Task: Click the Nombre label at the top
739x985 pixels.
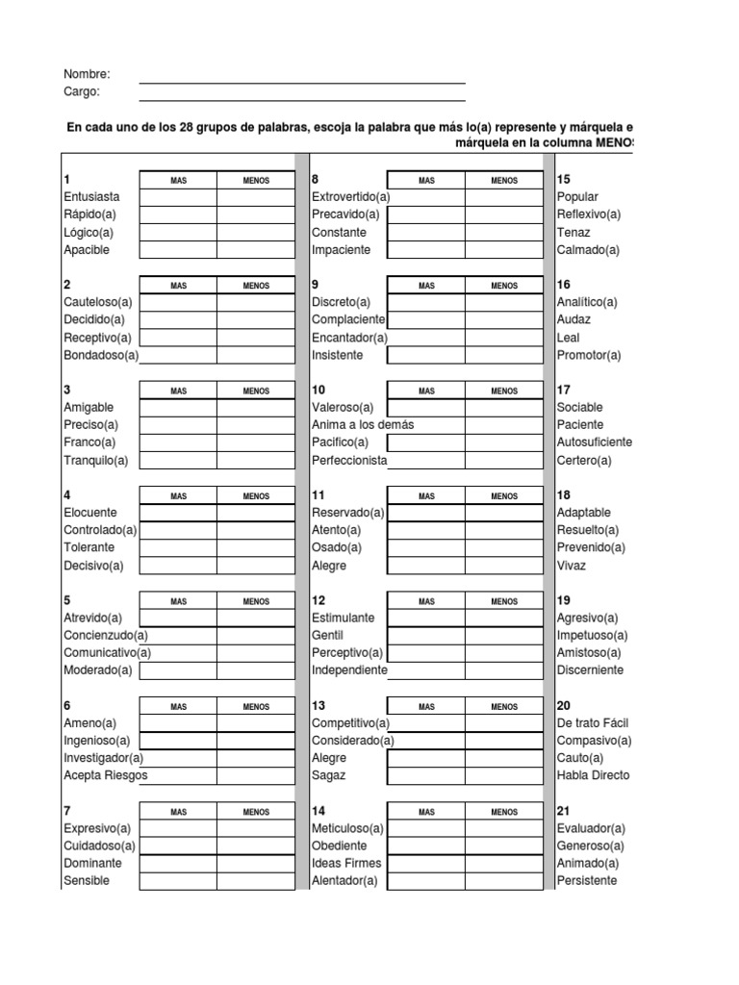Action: tap(87, 74)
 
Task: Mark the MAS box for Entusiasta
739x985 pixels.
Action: tap(178, 197)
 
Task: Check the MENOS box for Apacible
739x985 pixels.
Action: tap(256, 250)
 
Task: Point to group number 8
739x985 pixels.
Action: tap(316, 180)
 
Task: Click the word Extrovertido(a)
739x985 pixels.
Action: tap(350, 197)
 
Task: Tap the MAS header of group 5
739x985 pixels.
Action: tap(178, 601)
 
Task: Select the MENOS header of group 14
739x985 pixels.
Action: tap(504, 812)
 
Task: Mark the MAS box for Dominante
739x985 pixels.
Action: tap(178, 864)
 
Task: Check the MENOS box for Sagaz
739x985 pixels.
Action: tap(504, 775)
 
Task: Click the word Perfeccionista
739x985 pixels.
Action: tap(349, 461)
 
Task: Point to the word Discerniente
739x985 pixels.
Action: tap(590, 670)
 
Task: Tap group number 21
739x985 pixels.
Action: tap(564, 812)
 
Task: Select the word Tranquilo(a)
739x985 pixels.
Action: tap(95, 461)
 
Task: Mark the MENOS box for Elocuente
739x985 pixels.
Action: tap(256, 513)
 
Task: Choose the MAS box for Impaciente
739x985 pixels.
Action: tap(426, 250)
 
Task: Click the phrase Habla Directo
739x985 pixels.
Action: tap(593, 775)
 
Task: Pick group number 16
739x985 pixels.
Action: tap(564, 285)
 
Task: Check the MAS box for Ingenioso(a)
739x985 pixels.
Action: tap(178, 741)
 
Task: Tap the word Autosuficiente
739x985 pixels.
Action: tap(595, 442)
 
